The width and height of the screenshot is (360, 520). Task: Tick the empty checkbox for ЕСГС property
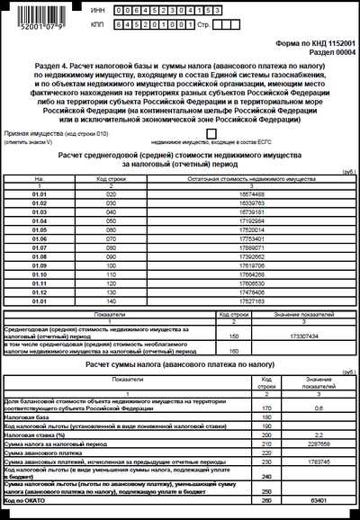tap(211, 133)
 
